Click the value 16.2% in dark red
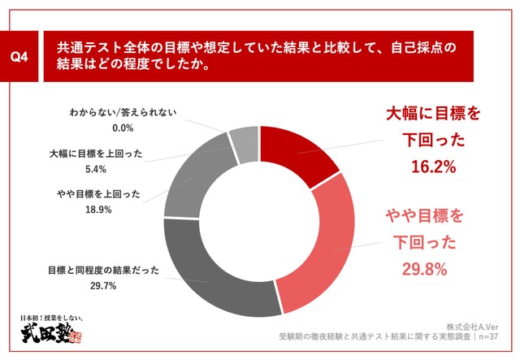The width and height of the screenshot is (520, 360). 432,167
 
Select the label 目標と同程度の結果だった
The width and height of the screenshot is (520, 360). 102,270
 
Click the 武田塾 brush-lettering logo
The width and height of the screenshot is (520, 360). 49,336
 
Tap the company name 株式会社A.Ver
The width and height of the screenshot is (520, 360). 479,322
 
